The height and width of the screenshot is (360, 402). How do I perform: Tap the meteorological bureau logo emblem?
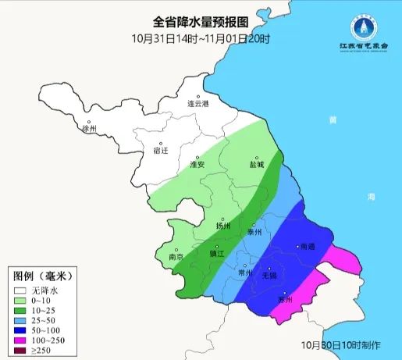click(361, 30)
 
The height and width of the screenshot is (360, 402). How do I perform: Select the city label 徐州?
click(89, 129)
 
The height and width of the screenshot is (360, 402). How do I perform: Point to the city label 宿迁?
click(160, 151)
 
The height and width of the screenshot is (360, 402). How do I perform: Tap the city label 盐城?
click(255, 164)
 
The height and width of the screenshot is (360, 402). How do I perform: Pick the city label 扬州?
click(223, 226)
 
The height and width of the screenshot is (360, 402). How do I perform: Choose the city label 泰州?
click(254, 231)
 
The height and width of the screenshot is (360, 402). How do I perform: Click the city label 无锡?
click(268, 276)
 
